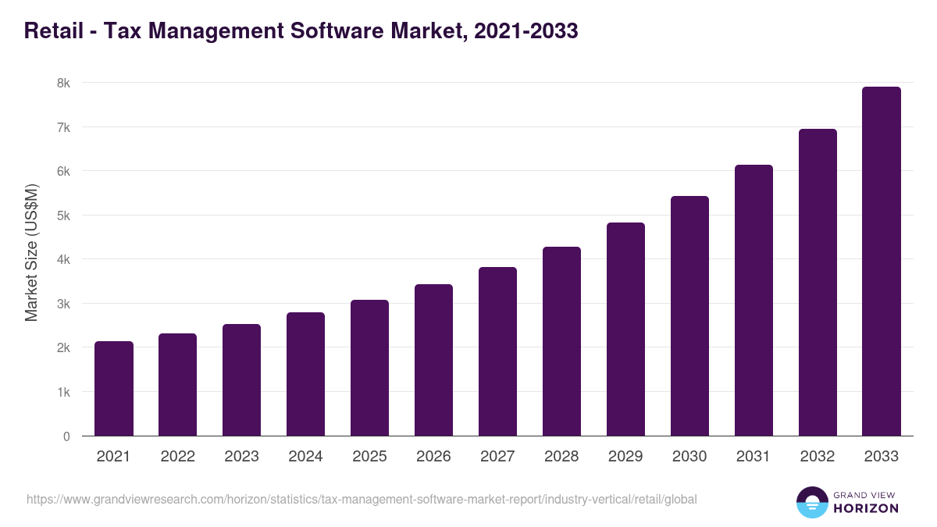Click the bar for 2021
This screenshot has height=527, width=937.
pyautogui.click(x=114, y=389)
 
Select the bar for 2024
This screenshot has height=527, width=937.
pyautogui.click(x=305, y=374)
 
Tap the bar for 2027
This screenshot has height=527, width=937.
pyautogui.click(x=497, y=351)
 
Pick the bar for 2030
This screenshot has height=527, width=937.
pyautogui.click(x=689, y=316)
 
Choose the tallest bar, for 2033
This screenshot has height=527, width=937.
pyautogui.click(x=882, y=262)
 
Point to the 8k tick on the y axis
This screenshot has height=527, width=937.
pyautogui.click(x=63, y=83)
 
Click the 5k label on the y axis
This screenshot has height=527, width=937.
pyautogui.click(x=63, y=215)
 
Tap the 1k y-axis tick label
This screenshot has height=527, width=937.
pyautogui.click(x=63, y=392)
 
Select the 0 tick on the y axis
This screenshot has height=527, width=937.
pyautogui.click(x=66, y=436)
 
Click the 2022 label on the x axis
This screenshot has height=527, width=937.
pyautogui.click(x=178, y=457)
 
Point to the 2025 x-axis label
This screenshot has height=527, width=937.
pyautogui.click(x=369, y=457)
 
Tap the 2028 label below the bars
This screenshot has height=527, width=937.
pyautogui.click(x=561, y=457)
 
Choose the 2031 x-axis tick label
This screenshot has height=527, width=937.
pyautogui.click(x=754, y=457)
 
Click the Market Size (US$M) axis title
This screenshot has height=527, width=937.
pyautogui.click(x=31, y=252)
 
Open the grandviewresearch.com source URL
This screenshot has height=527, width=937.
pyautogui.click(x=362, y=499)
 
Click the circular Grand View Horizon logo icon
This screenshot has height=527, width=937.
pyautogui.click(x=811, y=502)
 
